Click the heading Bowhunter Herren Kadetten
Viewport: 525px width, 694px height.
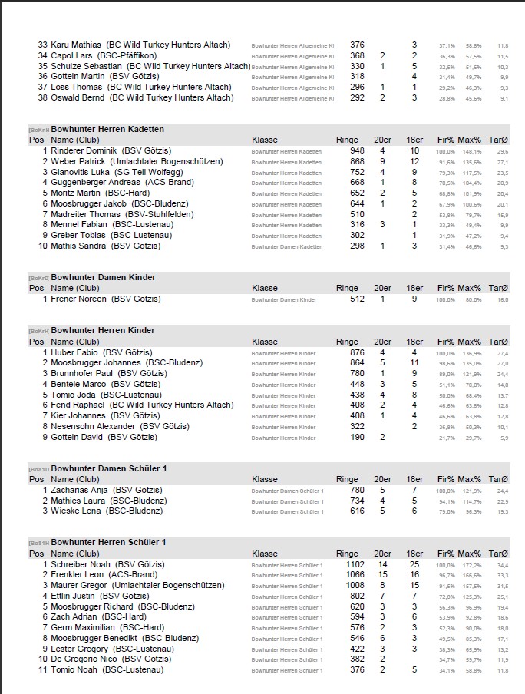tap(107, 129)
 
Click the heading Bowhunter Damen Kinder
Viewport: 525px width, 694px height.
tap(103, 277)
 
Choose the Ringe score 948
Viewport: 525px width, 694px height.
tap(357, 150)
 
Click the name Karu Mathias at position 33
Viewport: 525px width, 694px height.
tap(75, 45)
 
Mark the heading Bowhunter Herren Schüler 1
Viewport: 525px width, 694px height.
tap(108, 543)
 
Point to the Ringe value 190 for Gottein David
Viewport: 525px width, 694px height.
tap(358, 437)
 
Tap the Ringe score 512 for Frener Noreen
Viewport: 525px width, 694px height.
tap(357, 299)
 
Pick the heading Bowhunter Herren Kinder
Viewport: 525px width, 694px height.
tap(103, 331)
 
